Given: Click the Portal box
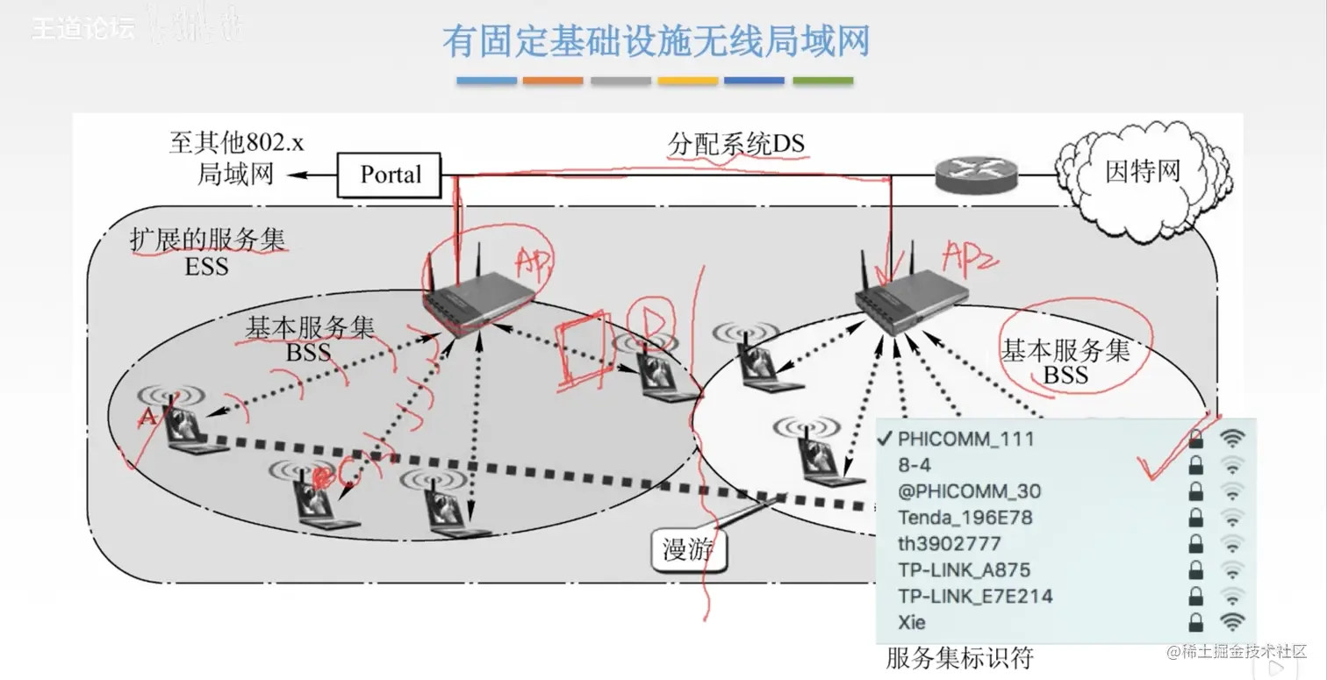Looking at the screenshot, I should click(x=390, y=175).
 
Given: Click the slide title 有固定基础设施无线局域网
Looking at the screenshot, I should click(x=656, y=41).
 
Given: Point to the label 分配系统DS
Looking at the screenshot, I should click(x=735, y=144).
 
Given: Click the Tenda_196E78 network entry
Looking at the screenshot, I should click(x=965, y=517).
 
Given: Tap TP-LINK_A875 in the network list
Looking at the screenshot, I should click(x=964, y=569).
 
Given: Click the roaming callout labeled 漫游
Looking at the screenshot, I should click(x=688, y=550).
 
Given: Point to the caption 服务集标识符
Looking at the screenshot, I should click(x=959, y=657).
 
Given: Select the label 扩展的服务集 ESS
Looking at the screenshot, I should click(x=207, y=252).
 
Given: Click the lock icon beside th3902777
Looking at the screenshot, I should click(x=1194, y=544).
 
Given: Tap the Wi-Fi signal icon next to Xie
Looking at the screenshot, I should click(x=1233, y=622).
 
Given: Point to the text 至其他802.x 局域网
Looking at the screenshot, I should click(x=235, y=158).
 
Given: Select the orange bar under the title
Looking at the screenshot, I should click(x=553, y=81).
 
